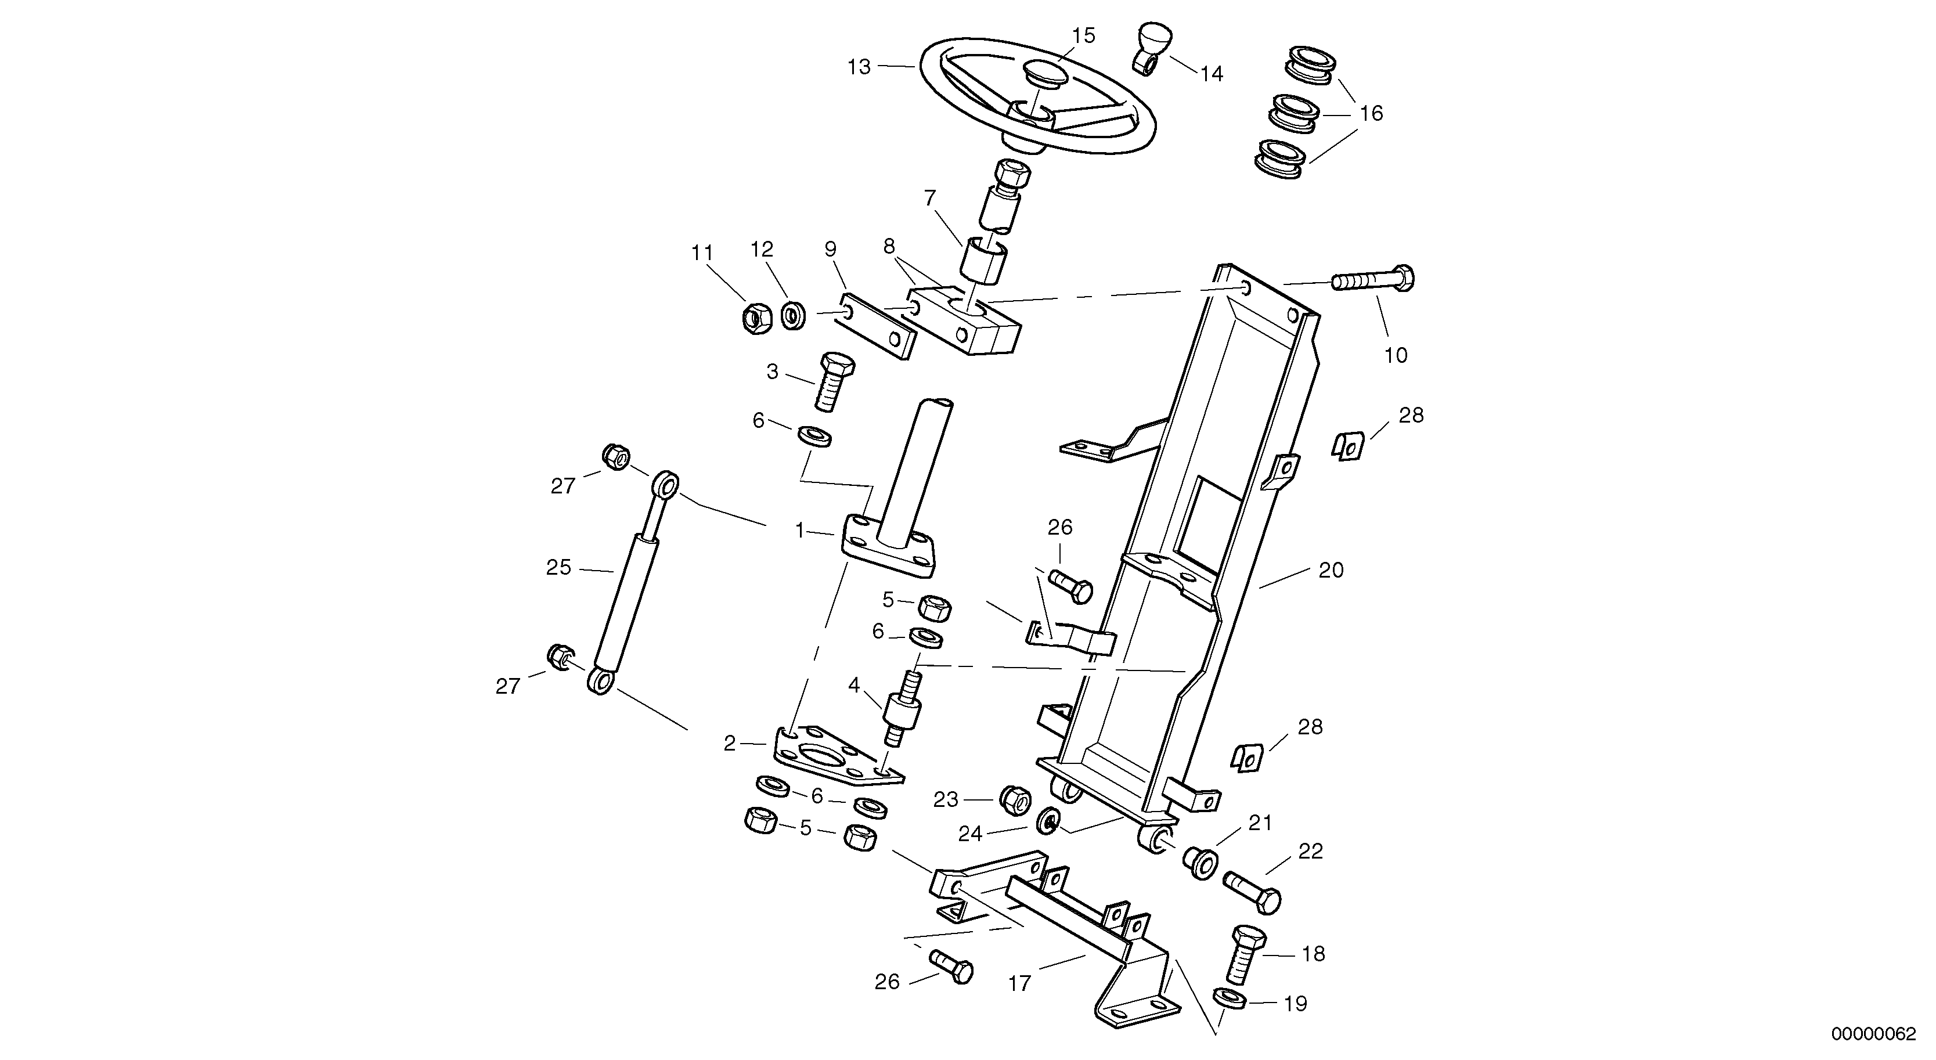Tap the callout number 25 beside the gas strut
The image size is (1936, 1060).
point(558,568)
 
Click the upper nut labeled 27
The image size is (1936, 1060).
point(615,456)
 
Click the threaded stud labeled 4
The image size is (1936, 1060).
point(903,711)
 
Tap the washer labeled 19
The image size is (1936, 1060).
point(1230,999)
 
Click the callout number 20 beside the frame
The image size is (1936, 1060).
point(1331,571)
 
